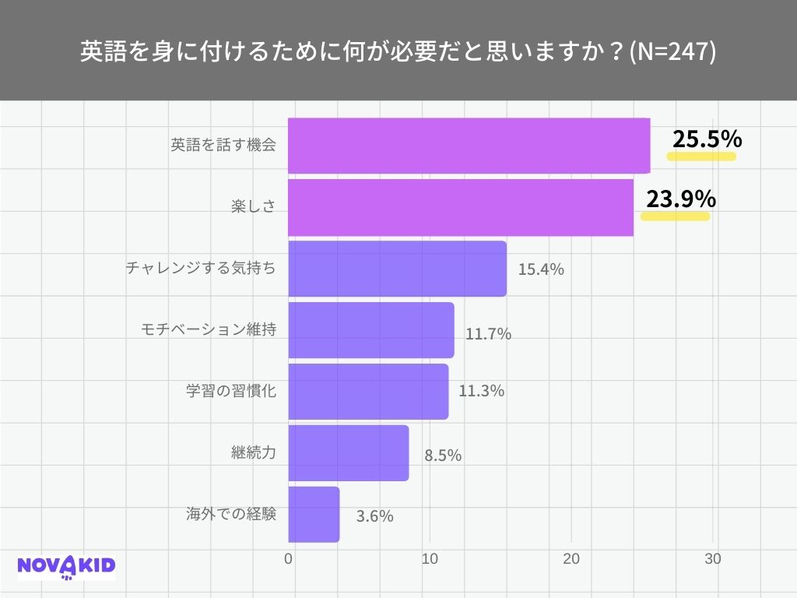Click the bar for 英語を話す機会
coord(469,146)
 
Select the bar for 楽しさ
coord(460,207)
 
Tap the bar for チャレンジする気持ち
coord(397,269)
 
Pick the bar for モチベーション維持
coord(370,330)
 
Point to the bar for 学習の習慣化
coord(368,392)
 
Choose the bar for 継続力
coord(348,453)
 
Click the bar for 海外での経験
coord(314,515)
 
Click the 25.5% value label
coord(707,139)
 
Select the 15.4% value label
coord(540,271)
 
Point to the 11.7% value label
coord(488,335)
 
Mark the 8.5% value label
coord(443,456)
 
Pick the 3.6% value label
coord(374,516)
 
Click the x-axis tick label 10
coord(429,559)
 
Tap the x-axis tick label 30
coord(713,559)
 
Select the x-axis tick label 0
coord(289,559)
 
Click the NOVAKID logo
coord(66,566)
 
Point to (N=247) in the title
coord(672,52)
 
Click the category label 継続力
coord(254,452)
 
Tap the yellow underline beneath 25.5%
coord(701,156)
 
